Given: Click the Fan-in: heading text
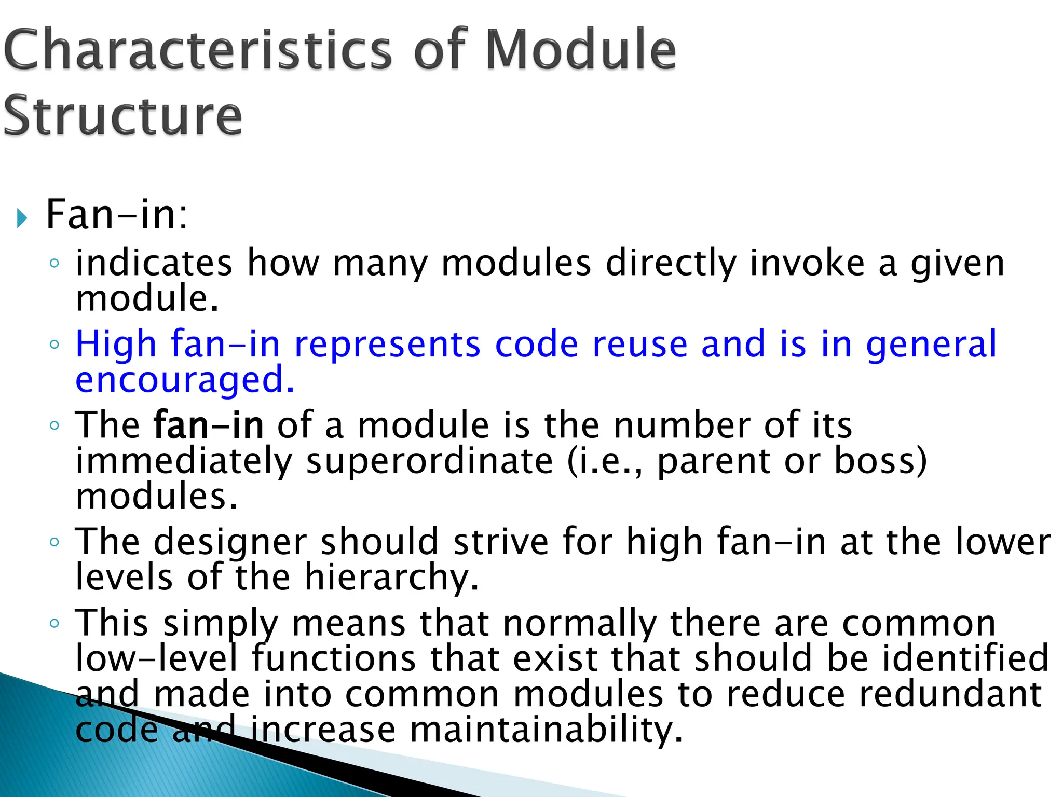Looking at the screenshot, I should (x=117, y=214).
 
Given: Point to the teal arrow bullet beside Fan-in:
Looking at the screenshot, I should (x=21, y=218).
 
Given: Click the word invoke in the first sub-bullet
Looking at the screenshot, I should (x=807, y=263).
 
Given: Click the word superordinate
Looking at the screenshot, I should (x=429, y=461).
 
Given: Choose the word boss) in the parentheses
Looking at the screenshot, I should (x=880, y=461).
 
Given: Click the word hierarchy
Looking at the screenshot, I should (x=391, y=577).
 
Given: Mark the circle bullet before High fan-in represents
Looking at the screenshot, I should (x=54, y=344).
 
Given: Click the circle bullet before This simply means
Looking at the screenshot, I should (x=54, y=623).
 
